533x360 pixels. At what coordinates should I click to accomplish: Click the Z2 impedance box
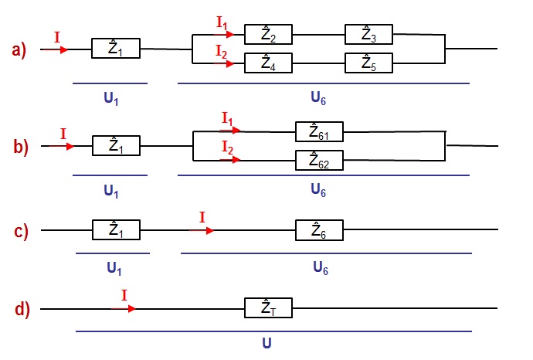pyautogui.click(x=268, y=35)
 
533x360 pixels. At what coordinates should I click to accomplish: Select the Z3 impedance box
pyautogui.click(x=368, y=35)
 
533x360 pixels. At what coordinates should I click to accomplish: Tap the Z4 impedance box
pyautogui.click(x=268, y=63)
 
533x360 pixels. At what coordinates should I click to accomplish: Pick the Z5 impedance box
pyautogui.click(x=368, y=63)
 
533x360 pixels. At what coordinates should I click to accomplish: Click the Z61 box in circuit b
pyautogui.click(x=319, y=131)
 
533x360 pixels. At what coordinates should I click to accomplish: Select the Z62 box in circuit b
pyautogui.click(x=319, y=161)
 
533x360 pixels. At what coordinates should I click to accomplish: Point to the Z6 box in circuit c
pyautogui.click(x=319, y=230)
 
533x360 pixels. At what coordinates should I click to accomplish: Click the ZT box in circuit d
pyautogui.click(x=268, y=308)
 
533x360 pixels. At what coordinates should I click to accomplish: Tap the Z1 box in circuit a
pyautogui.click(x=116, y=49)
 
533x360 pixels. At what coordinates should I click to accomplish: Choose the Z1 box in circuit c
pyautogui.click(x=116, y=230)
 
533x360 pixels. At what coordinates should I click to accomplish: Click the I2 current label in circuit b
pyautogui.click(x=227, y=147)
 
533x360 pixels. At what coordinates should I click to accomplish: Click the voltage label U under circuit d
pyautogui.click(x=266, y=342)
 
